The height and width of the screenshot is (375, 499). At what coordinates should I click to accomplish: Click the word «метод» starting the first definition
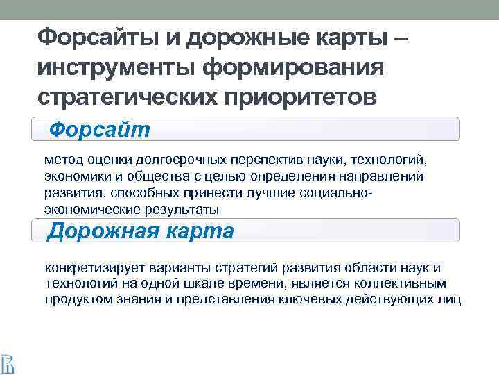pyautogui.click(x=62, y=159)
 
